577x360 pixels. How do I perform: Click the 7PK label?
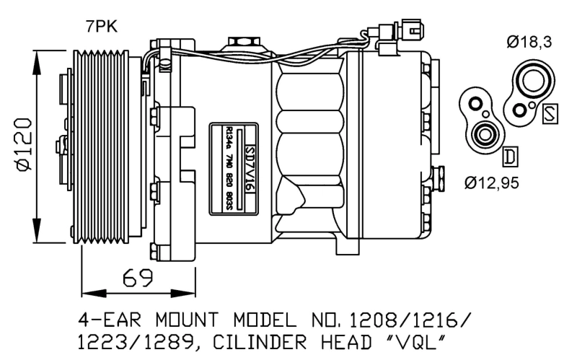(x=101, y=27)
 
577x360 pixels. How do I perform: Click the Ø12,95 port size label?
(x=492, y=182)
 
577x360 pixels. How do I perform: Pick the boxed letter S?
(x=550, y=113)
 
